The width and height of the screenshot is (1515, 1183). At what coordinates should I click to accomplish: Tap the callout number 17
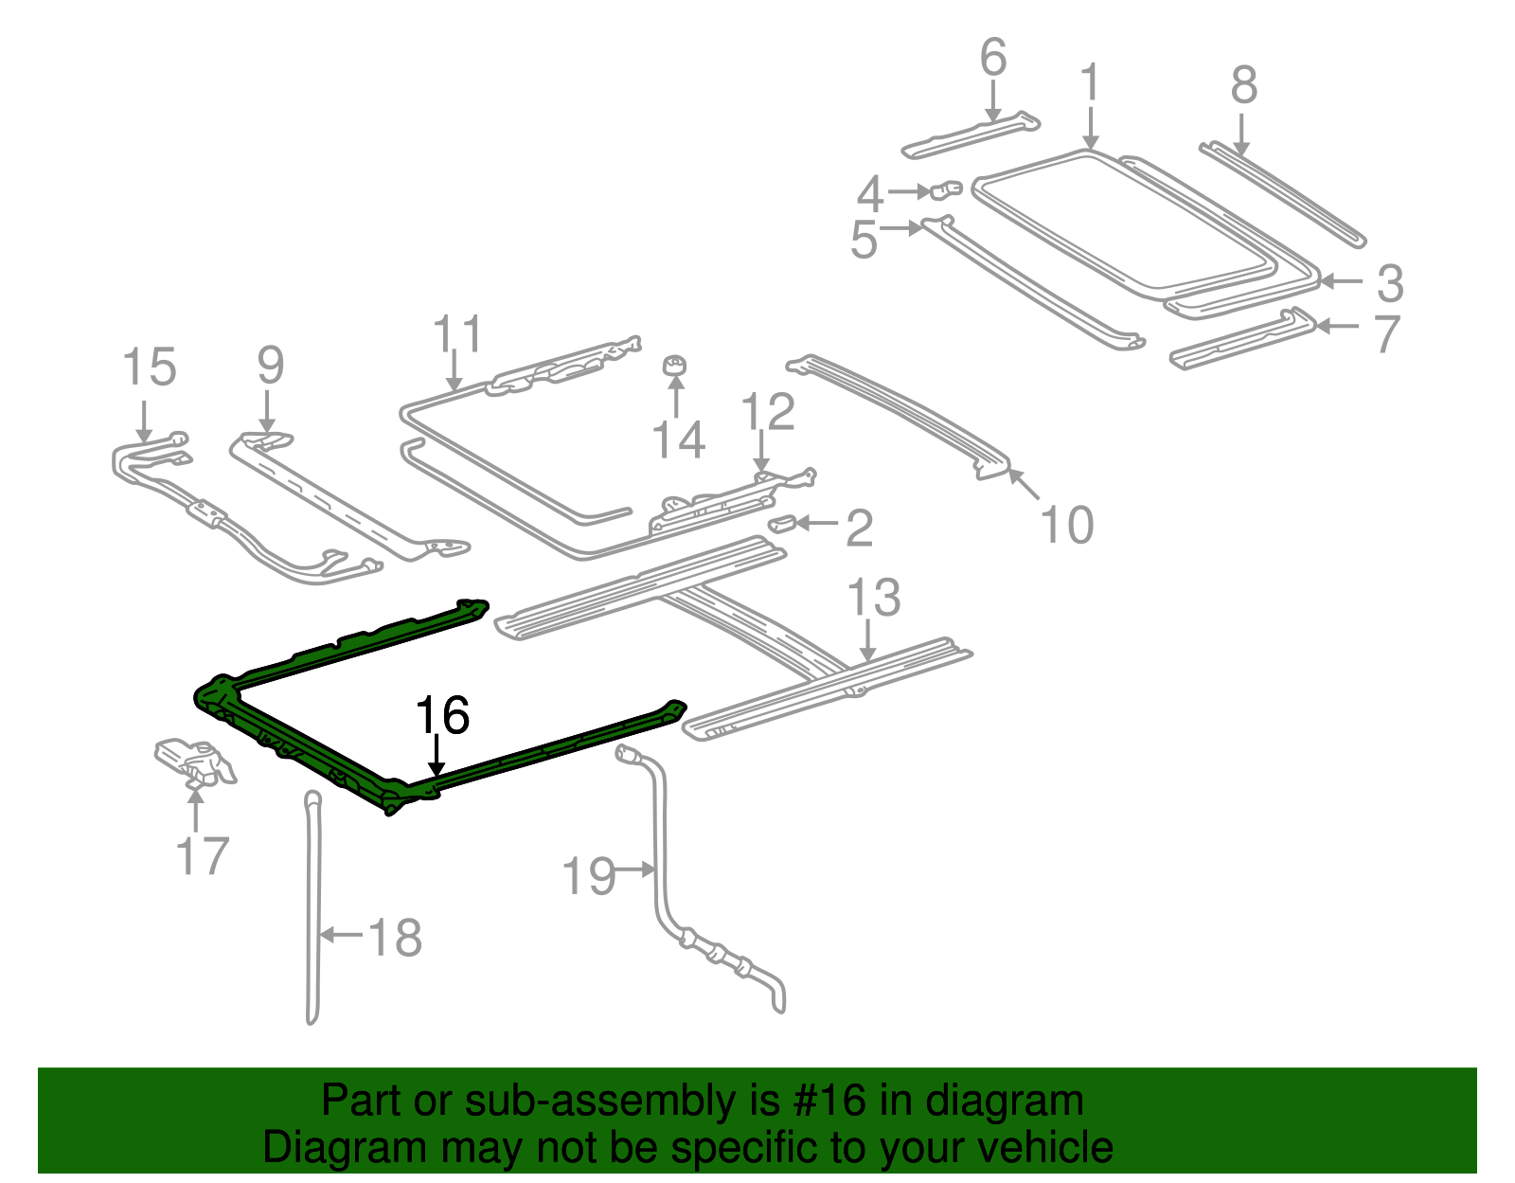[x=203, y=856]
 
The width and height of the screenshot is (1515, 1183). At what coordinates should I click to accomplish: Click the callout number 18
[x=395, y=938]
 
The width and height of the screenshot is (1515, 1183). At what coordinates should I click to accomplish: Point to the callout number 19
[x=589, y=876]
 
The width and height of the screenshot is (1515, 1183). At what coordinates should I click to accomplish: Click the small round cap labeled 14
[x=674, y=366]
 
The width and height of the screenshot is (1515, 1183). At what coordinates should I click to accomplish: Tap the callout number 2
[x=859, y=529]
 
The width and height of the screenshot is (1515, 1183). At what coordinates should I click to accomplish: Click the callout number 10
[x=1067, y=525]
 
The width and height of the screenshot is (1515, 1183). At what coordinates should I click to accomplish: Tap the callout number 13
[x=873, y=599]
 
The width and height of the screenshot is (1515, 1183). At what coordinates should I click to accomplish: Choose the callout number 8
[x=1244, y=85]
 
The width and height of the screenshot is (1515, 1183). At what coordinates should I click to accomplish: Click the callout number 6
[x=992, y=59]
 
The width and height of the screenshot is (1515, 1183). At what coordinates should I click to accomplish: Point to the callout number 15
[x=150, y=367]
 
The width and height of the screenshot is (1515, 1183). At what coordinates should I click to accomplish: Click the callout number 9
[x=270, y=366]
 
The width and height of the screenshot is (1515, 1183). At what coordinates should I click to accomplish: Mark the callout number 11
[x=457, y=335]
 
